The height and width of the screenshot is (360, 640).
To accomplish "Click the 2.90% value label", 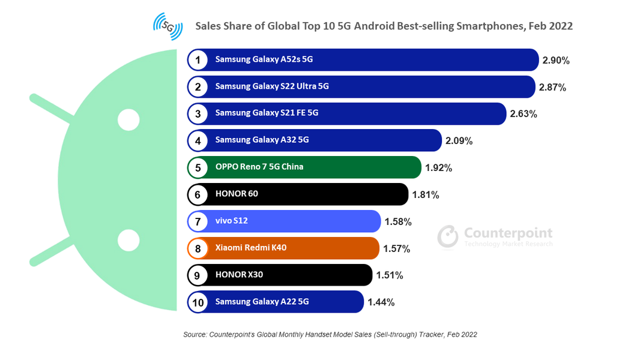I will [x=555, y=61].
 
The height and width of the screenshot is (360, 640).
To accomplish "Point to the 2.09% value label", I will [x=459, y=141].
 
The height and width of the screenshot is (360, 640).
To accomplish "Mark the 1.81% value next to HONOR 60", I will [x=425, y=194].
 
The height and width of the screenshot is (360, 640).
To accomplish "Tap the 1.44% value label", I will [x=381, y=302].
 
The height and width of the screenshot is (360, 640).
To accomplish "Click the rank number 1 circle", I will [x=198, y=60].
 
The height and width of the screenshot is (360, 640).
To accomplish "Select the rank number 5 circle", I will [x=198, y=167].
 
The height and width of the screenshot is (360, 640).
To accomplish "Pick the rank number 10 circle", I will [x=198, y=302].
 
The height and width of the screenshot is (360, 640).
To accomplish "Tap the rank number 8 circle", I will [x=198, y=248].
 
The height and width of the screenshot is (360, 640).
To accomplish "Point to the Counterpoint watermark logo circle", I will [x=448, y=236].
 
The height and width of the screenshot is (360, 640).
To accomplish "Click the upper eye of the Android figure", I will [x=128, y=120].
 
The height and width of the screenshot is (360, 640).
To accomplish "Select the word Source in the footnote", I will [x=195, y=334].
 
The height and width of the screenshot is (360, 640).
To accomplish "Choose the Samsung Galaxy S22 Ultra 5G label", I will [x=272, y=86].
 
